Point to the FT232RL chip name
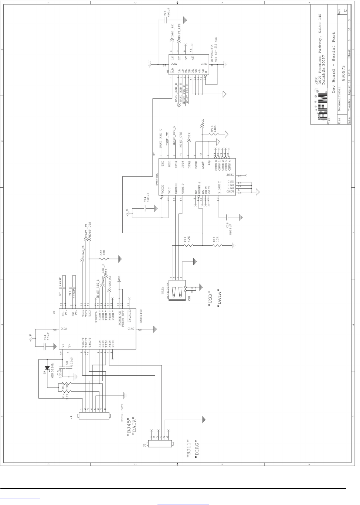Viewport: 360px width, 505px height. [157, 178]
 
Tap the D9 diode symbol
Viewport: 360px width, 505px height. [47, 368]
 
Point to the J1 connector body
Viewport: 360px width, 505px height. [94, 416]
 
